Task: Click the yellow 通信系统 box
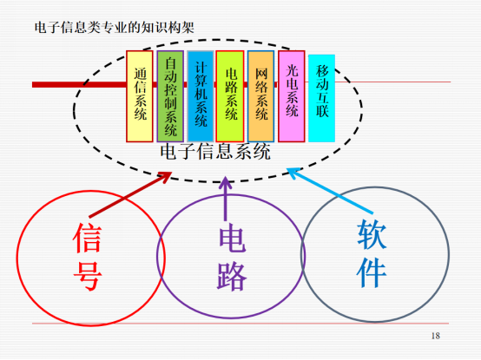click(140, 96)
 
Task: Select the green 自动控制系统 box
click(170, 96)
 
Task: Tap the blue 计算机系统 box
click(201, 96)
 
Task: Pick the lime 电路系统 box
click(230, 96)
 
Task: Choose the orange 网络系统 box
click(260, 96)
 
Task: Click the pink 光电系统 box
click(292, 96)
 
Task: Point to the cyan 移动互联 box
click(321, 98)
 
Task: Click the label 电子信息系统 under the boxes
click(215, 152)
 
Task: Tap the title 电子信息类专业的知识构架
click(115, 28)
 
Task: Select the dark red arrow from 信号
click(130, 195)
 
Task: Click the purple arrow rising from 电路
click(226, 199)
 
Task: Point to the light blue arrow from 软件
click(330, 191)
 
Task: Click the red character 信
click(88, 238)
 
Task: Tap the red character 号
click(88, 276)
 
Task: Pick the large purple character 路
click(232, 276)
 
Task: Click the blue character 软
click(372, 235)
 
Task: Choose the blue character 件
click(372, 272)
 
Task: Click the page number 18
click(436, 336)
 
